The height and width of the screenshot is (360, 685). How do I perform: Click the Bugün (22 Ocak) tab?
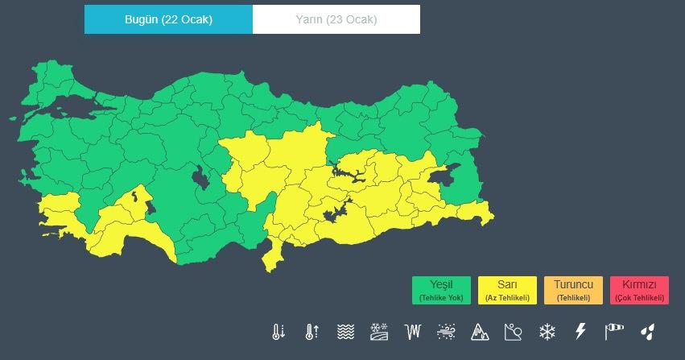click(168, 20)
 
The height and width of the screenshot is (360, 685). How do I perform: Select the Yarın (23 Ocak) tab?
click(336, 20)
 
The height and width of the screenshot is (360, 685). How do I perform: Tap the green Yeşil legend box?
click(441, 290)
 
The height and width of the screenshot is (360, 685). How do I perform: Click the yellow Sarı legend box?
click(507, 290)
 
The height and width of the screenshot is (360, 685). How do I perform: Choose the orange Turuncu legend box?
click(573, 290)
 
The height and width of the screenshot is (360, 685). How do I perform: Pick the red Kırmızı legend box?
click(639, 290)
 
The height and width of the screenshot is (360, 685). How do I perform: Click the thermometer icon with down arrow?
click(279, 331)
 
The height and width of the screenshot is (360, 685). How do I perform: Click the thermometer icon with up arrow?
click(312, 331)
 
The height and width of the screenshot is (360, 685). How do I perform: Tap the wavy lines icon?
click(345, 331)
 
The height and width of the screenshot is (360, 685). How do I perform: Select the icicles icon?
click(413, 331)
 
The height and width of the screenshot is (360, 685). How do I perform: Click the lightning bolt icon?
click(580, 331)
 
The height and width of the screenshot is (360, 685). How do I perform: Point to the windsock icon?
click(614, 331)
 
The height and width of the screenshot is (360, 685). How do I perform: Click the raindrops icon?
click(647, 331)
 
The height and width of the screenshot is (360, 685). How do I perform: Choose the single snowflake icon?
click(547, 331)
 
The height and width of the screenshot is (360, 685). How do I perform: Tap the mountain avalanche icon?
click(480, 331)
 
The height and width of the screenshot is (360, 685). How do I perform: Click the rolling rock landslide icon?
click(514, 331)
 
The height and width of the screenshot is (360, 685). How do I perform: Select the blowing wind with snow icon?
click(446, 331)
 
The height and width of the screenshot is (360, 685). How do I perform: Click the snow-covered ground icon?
click(379, 331)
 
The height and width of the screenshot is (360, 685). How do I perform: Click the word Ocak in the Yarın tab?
click(361, 20)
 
